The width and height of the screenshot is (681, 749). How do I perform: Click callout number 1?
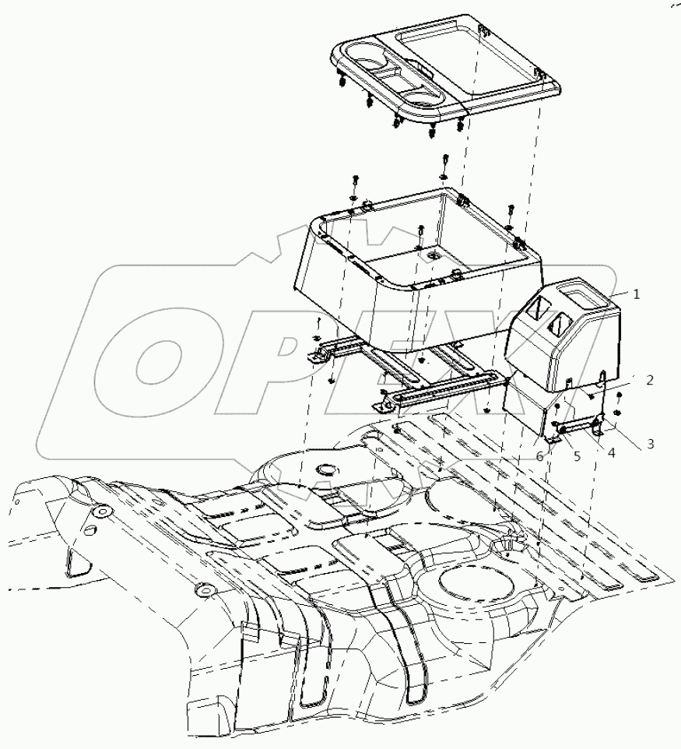[636, 294]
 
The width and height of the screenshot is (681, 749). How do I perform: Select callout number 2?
[648, 380]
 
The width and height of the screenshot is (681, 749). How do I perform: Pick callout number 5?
[577, 457]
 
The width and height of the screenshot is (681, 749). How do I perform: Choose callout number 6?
[539, 457]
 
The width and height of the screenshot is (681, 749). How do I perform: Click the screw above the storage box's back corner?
[444, 160]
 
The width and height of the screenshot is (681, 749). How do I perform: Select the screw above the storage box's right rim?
[511, 210]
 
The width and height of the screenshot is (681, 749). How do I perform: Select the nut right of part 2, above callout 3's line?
[617, 412]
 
